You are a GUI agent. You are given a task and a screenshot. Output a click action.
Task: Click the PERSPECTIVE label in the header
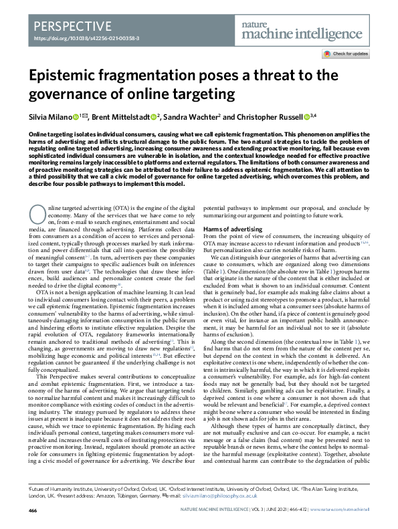[x=71, y=27]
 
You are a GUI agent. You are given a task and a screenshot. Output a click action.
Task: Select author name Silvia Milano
[x=52, y=117]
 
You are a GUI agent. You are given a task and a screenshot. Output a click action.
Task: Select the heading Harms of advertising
[x=234, y=229]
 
